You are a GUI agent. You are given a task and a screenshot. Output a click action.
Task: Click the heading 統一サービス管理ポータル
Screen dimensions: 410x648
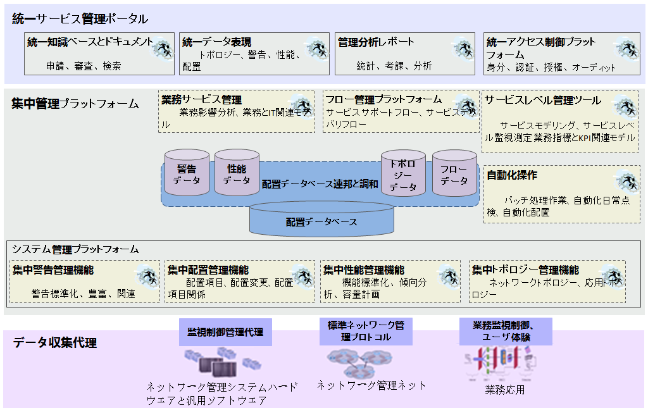(80, 19)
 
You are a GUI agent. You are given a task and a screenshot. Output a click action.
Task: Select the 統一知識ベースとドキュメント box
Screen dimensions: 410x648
(99, 54)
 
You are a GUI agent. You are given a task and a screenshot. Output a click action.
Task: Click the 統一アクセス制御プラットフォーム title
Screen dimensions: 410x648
(541, 48)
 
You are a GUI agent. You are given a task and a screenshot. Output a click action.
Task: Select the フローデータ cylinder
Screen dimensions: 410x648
(454, 174)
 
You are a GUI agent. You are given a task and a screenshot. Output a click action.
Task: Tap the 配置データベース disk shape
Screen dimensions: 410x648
(321, 221)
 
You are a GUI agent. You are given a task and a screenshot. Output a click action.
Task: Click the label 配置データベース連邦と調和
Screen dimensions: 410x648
(320, 184)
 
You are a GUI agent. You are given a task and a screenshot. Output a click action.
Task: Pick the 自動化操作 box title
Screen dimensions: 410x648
(512, 175)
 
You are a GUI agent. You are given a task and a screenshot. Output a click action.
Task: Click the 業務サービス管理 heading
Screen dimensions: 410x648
(201, 100)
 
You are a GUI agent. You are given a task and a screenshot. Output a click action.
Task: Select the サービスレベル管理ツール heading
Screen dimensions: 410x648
(542, 100)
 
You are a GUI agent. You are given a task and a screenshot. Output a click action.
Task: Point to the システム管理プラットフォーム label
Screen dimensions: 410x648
(75, 249)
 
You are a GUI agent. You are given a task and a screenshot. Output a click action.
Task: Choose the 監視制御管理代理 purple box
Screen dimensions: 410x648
(225, 332)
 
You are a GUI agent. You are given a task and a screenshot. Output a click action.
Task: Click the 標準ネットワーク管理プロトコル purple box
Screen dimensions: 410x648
(366, 331)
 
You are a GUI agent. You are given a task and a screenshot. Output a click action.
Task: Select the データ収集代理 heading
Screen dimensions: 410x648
(55, 343)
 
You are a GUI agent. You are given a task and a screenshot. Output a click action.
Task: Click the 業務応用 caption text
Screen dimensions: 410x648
(505, 390)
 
